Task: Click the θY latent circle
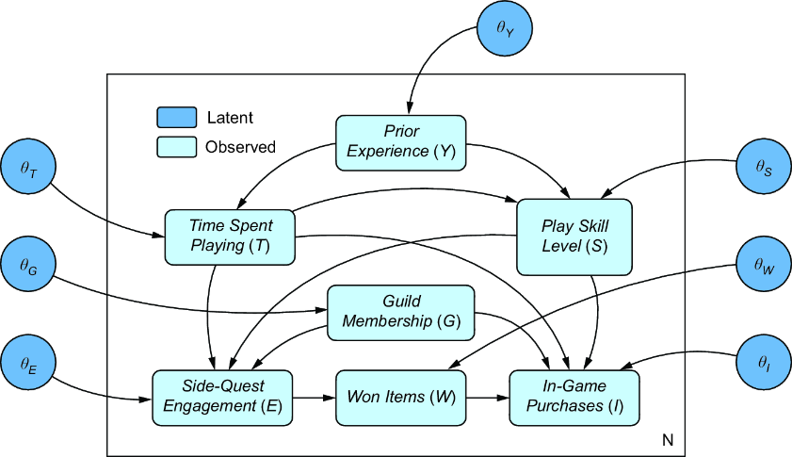click(x=505, y=28)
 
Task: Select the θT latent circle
click(x=28, y=167)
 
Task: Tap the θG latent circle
click(x=28, y=265)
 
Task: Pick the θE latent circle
click(x=28, y=363)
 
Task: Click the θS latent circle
click(x=763, y=167)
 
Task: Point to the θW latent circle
click(x=763, y=265)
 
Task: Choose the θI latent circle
click(x=763, y=363)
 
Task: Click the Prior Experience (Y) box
click(x=401, y=142)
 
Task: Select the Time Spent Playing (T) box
click(x=230, y=237)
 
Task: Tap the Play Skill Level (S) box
click(x=574, y=237)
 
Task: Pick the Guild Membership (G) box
click(x=401, y=313)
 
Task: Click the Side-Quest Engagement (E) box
click(x=222, y=398)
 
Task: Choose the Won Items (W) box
click(x=401, y=398)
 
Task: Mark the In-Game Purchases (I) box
click(x=574, y=398)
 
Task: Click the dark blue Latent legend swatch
click(x=177, y=117)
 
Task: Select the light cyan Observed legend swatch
click(x=177, y=147)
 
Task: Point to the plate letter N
click(x=668, y=440)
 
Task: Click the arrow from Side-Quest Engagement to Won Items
click(x=315, y=398)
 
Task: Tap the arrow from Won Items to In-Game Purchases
click(x=488, y=398)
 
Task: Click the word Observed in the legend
click(x=240, y=147)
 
